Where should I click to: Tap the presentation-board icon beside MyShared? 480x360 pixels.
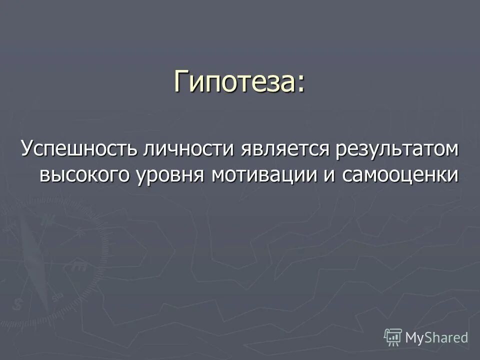tap(393, 337)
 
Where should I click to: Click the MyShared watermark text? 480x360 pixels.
tap(436, 338)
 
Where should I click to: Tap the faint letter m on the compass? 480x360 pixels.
tap(79, 266)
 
